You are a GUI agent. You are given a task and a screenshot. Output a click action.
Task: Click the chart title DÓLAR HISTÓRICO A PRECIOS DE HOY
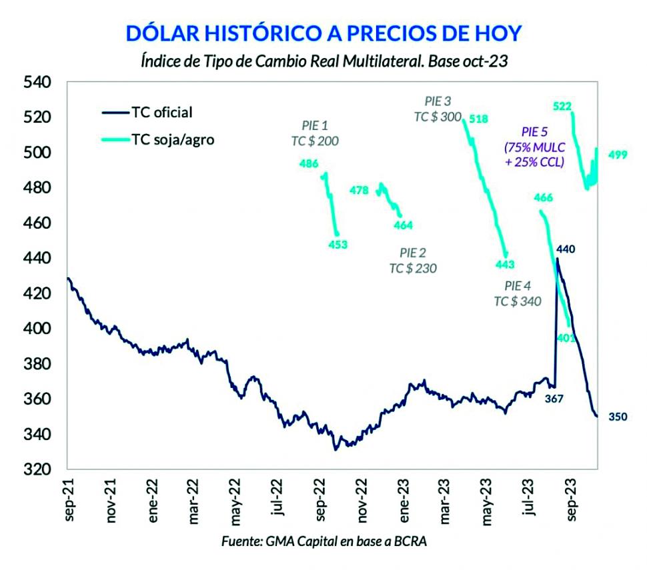pyautogui.click(x=323, y=33)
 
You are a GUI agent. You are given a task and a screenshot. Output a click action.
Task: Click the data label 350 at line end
pyautogui.click(x=618, y=417)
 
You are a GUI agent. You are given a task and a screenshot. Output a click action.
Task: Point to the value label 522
pyautogui.click(x=563, y=106)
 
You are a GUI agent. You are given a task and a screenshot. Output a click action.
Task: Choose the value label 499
pyautogui.click(x=618, y=155)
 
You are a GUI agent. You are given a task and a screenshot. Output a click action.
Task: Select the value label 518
pyautogui.click(x=478, y=119)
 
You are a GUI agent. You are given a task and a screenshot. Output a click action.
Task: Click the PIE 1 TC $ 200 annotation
pyautogui.click(x=315, y=133)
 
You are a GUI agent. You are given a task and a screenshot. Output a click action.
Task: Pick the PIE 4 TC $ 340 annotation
pyautogui.click(x=518, y=293)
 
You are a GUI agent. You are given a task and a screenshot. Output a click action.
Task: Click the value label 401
pyautogui.click(x=566, y=338)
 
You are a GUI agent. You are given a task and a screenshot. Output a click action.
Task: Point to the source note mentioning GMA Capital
pyautogui.click(x=323, y=542)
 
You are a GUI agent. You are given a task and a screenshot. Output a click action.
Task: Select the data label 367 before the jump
pyautogui.click(x=554, y=399)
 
